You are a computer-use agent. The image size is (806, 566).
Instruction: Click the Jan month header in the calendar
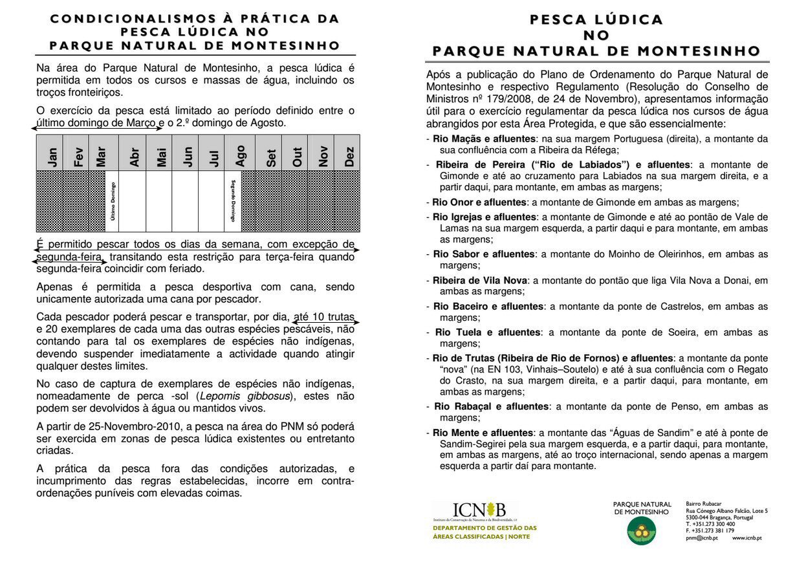[x=52, y=157]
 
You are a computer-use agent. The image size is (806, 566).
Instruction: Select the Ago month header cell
[x=241, y=157]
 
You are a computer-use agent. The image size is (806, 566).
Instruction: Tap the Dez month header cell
[x=349, y=157]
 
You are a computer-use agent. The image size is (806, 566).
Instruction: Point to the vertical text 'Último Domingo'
[x=113, y=201]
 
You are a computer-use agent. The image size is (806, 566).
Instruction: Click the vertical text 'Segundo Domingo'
[x=233, y=201]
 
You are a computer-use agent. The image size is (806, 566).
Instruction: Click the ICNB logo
[x=479, y=510]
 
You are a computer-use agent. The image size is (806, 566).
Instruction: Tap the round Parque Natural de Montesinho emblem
[x=642, y=531]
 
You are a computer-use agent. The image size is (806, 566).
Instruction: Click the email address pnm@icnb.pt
[x=702, y=538]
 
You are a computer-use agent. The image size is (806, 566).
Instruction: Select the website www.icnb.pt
[x=746, y=538]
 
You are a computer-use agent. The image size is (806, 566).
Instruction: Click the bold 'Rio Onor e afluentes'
[x=479, y=202]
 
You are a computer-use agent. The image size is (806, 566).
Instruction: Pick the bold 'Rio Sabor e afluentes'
[x=484, y=254]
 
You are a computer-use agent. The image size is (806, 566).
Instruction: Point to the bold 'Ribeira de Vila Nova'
[x=480, y=280]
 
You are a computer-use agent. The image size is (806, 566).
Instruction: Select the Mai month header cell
[x=161, y=157]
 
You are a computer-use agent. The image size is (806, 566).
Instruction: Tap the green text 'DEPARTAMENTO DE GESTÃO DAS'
[x=485, y=528]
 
